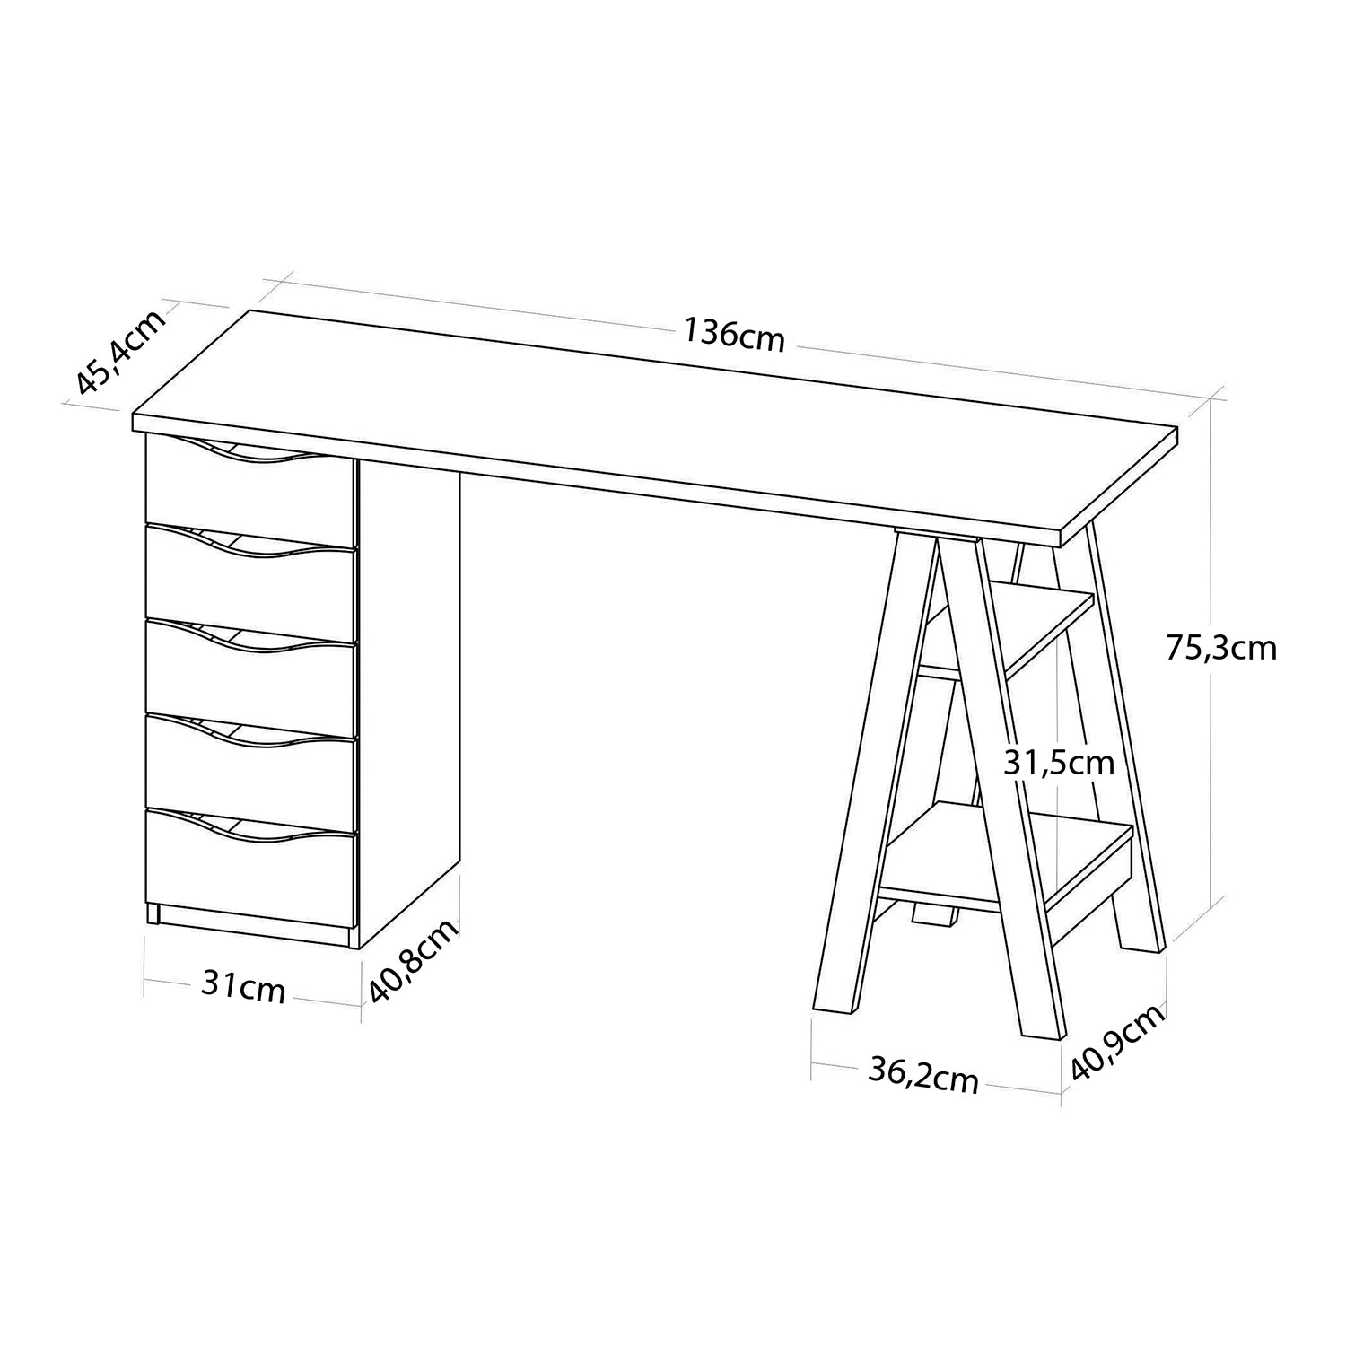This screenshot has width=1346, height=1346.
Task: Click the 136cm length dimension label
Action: coord(734,335)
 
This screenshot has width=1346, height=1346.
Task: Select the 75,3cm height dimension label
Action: coord(1221,647)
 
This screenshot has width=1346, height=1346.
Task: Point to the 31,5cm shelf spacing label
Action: coord(1059,763)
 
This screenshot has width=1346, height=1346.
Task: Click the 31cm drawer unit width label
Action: coord(243,987)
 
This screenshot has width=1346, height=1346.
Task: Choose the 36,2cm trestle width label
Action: coord(923,1074)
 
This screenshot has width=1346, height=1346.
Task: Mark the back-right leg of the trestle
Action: coord(1127,736)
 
